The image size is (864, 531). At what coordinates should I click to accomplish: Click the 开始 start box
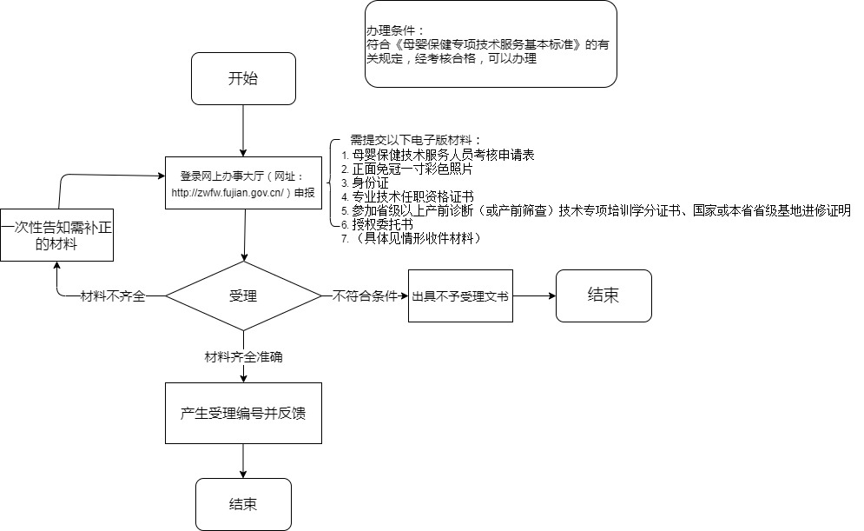click(x=243, y=78)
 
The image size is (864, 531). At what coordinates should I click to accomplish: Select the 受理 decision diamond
click(x=243, y=296)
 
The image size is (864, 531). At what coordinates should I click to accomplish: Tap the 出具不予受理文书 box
click(x=460, y=296)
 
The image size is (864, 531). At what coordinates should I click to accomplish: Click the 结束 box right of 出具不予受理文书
click(x=603, y=295)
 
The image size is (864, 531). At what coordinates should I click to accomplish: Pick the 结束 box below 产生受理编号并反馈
click(x=243, y=504)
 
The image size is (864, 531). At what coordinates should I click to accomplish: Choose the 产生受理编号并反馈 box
click(x=243, y=413)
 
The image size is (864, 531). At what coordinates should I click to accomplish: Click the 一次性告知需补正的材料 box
click(x=56, y=235)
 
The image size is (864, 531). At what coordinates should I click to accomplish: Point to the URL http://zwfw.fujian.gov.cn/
click(x=228, y=192)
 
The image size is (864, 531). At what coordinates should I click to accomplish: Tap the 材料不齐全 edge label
click(x=113, y=296)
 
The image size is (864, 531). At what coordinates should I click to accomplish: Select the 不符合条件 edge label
click(x=365, y=296)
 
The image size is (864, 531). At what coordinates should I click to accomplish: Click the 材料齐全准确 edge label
click(x=243, y=357)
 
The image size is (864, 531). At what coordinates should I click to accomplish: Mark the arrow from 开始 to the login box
click(x=243, y=130)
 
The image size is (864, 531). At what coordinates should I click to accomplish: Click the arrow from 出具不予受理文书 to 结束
click(x=535, y=296)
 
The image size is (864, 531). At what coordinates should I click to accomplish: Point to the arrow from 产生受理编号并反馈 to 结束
click(x=243, y=461)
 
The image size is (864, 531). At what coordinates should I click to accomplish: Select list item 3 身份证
click(x=365, y=183)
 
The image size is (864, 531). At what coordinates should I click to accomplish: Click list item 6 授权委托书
click(x=377, y=224)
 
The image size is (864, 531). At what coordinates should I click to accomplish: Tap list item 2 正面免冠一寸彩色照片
click(x=406, y=169)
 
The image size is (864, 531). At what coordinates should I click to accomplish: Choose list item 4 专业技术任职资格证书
click(x=407, y=196)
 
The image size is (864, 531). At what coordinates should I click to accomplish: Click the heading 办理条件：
click(x=396, y=31)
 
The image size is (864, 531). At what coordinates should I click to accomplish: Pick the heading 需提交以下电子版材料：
click(x=416, y=140)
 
